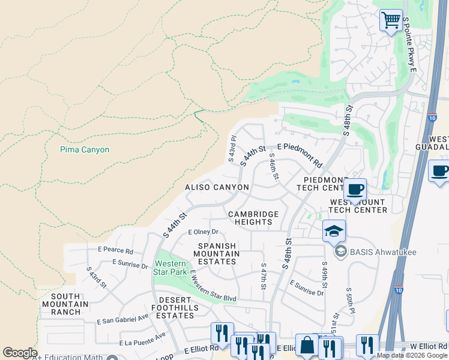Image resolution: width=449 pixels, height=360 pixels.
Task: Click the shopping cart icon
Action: pyautogui.click(x=391, y=20)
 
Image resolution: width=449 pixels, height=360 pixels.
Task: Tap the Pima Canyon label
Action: pyautogui.click(x=85, y=149)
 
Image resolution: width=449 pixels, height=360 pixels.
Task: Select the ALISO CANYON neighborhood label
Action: pyautogui.click(x=217, y=187)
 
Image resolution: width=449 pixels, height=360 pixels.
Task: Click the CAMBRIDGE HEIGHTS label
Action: pyautogui.click(x=253, y=218)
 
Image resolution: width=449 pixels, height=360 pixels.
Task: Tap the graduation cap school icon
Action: pyautogui.click(x=334, y=230)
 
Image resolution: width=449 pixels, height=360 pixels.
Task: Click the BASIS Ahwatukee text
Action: pyautogui.click(x=375, y=251)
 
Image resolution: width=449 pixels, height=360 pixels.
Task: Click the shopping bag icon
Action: pyautogui.click(x=307, y=346)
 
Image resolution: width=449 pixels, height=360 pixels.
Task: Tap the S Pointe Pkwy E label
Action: pyautogui.click(x=409, y=45)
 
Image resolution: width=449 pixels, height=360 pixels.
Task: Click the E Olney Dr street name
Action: pyautogui.click(x=203, y=232)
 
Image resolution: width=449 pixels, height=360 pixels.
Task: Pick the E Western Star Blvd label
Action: pyautogui.click(x=213, y=287)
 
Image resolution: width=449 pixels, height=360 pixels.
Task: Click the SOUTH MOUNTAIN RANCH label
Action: pyautogui.click(x=66, y=304)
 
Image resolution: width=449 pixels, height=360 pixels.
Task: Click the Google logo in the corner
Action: pyautogui.click(x=20, y=353)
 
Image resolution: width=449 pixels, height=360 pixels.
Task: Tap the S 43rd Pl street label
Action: pyautogui.click(x=232, y=148)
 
